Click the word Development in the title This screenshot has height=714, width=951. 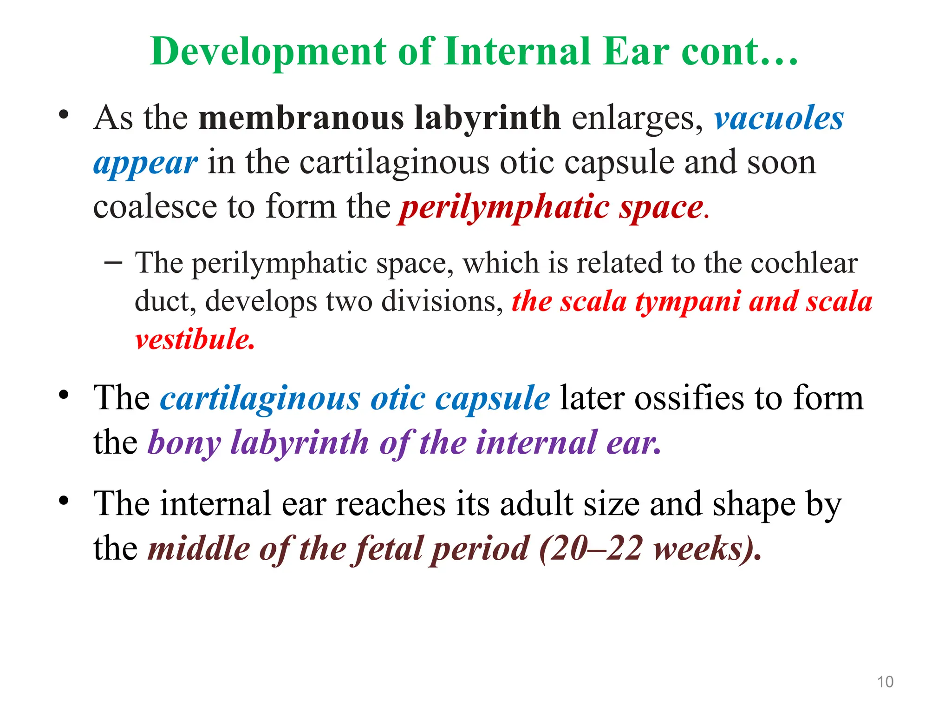pos(269,52)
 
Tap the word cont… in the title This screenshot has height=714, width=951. pos(739,52)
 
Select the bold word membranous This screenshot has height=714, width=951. pos(301,118)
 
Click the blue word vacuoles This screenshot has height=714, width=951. pos(779,118)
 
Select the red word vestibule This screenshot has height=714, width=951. pos(195,339)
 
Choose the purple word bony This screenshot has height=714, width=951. pos(184,443)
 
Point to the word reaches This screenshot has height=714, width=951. pos(390,504)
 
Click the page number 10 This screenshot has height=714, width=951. pos(885,682)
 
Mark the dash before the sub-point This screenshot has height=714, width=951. pos(113,263)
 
